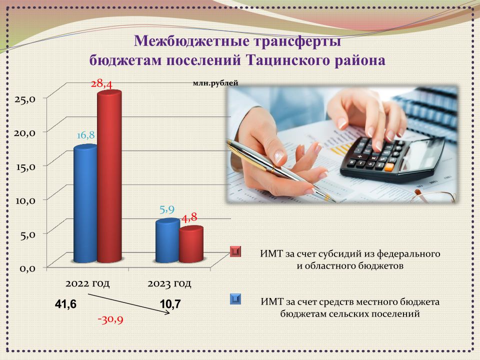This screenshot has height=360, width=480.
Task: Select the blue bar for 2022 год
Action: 85,203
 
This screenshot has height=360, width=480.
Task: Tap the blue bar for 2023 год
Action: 167,240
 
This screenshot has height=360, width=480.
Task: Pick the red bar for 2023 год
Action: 191,244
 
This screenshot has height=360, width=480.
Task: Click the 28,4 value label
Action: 102,83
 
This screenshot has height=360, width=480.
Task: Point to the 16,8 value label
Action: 85,135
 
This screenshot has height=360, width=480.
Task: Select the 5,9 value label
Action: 167,209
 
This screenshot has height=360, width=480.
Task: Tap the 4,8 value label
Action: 189,217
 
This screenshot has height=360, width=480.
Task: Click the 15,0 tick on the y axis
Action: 25,167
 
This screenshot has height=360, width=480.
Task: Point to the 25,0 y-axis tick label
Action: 25,99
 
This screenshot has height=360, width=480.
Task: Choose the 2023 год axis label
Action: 169,283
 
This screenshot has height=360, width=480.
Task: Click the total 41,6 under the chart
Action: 65,304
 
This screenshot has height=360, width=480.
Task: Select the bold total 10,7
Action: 170,304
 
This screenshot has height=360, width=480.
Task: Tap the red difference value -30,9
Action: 110,320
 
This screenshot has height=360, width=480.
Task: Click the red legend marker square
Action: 235,251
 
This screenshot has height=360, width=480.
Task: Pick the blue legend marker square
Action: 235,299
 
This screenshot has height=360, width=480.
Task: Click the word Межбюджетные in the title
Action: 190,40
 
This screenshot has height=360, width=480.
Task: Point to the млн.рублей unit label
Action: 215,83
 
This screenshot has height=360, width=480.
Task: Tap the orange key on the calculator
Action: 389,167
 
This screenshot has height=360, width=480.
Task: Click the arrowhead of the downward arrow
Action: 168,312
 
